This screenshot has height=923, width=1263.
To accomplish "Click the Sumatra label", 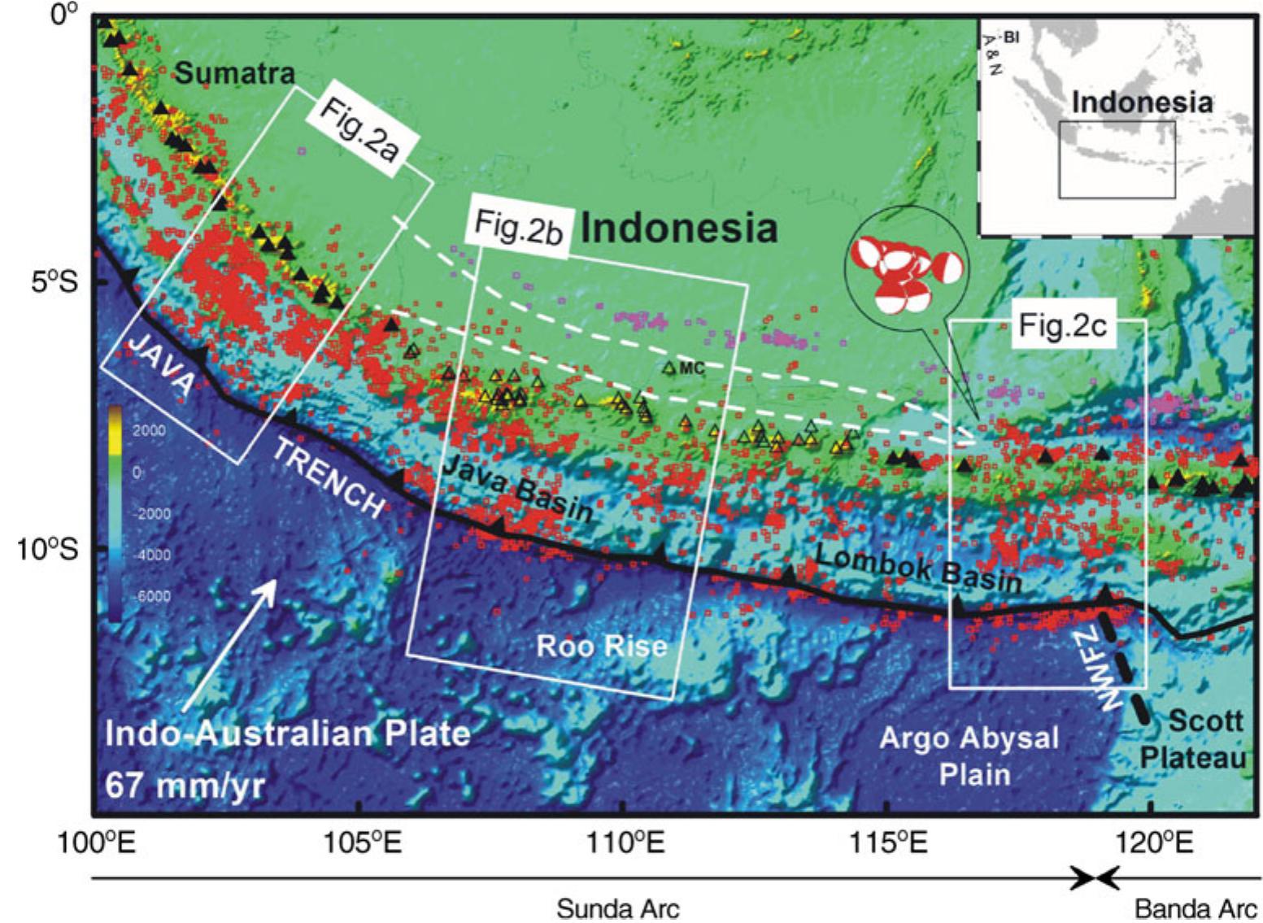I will [x=234, y=74].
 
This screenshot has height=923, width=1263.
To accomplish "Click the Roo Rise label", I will [x=601, y=646].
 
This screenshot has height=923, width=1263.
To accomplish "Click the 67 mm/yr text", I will [x=185, y=786].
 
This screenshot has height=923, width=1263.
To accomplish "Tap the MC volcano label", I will [x=691, y=368].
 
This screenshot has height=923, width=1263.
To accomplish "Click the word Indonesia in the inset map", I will [x=1142, y=102].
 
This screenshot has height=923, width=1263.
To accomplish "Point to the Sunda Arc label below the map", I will [x=617, y=908].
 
